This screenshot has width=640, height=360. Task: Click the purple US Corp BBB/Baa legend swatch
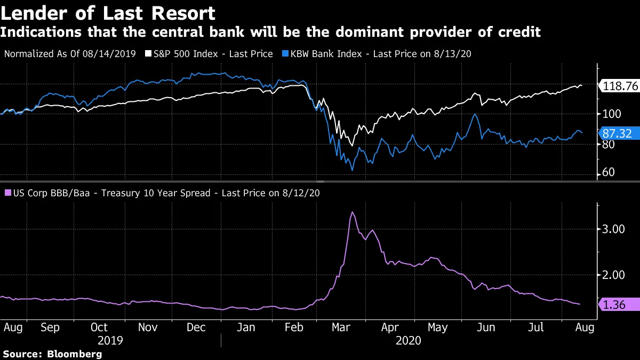[x=7, y=193]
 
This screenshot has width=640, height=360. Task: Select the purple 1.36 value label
[x=619, y=305]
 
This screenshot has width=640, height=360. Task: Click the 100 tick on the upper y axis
[x=609, y=114]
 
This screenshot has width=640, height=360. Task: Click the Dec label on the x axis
[x=197, y=327]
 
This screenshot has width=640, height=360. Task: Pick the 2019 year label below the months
[x=111, y=340]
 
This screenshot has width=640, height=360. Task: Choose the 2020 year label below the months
[x=408, y=340]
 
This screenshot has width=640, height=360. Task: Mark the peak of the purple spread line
[x=352, y=212]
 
